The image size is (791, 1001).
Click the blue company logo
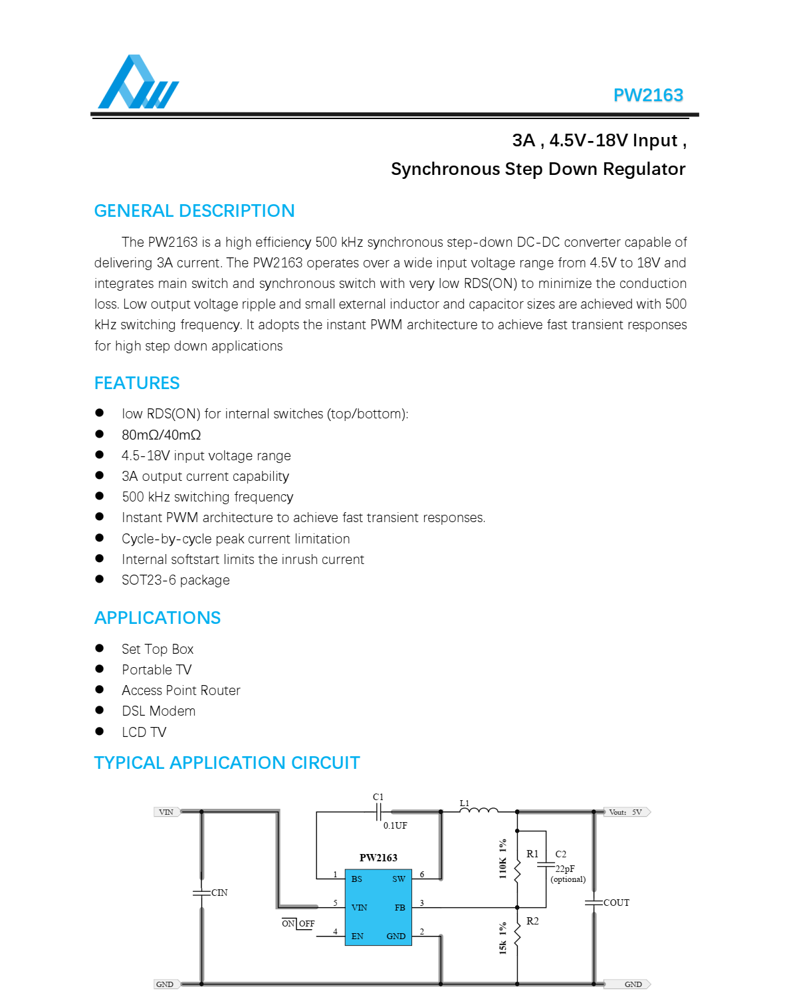pos(138,82)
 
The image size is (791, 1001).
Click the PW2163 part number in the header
pos(648,95)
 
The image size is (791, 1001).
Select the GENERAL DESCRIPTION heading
pos(194,211)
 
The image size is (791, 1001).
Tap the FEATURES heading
pos(137,383)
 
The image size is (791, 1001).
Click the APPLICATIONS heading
pos(158,618)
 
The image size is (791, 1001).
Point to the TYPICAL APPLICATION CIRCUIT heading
pos(227,763)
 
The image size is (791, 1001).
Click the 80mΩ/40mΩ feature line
pos(162,435)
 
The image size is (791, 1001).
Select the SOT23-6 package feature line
pos(175,580)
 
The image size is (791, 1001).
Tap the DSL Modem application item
pos(159,711)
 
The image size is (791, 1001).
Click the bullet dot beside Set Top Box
pos(100,648)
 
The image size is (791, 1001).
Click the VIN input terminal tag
pos(166,812)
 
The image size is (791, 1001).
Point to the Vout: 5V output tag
pos(626,812)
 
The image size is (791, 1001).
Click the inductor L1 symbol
pos(479,809)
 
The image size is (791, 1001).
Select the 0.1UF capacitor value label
pos(395,826)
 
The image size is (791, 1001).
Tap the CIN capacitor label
pos(219,893)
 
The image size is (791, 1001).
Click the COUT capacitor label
pos(616,903)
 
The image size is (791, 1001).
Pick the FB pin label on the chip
pos(399,908)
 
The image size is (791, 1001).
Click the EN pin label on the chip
pos(358,936)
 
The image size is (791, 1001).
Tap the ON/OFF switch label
pos(298,924)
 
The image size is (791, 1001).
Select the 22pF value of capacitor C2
pos(565,869)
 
